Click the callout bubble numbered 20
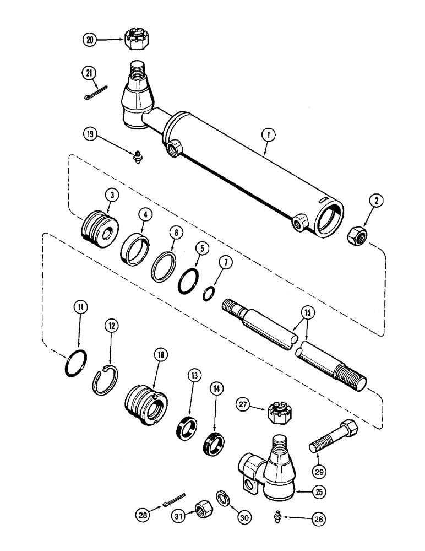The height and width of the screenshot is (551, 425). coord(90,40)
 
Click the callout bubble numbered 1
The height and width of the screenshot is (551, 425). coord(265,134)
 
